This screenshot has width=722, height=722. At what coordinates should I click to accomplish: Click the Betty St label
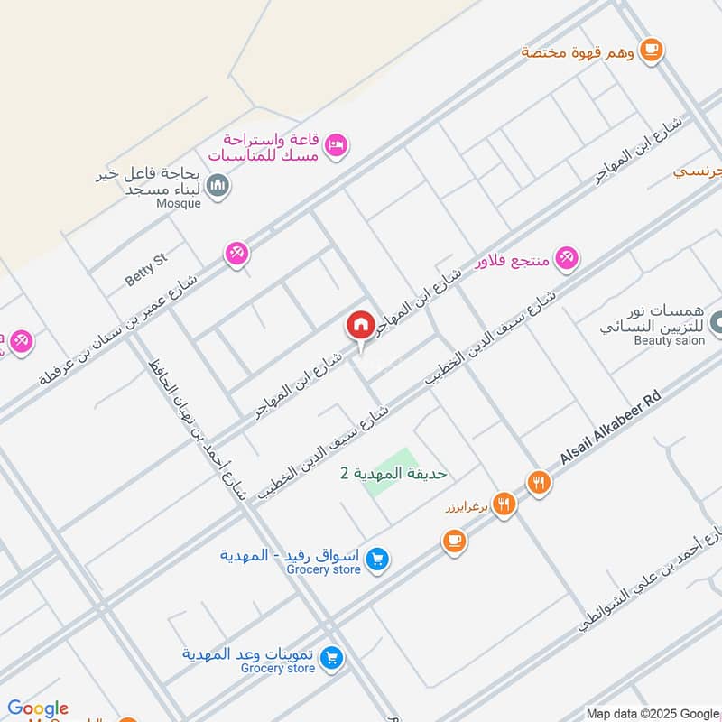click(x=146, y=270)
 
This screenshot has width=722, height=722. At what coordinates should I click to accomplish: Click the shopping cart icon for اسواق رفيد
click(x=379, y=560)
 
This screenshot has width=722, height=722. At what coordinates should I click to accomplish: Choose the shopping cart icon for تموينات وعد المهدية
click(x=332, y=659)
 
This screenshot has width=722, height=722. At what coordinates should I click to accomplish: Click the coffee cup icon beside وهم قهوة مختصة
click(x=651, y=49)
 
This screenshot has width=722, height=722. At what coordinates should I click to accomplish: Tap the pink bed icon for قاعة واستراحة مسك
click(x=336, y=144)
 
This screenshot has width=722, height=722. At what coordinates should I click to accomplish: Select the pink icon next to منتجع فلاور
click(x=566, y=260)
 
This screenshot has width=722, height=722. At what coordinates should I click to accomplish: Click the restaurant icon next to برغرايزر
click(x=504, y=505)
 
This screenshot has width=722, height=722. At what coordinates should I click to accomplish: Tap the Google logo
click(x=38, y=708)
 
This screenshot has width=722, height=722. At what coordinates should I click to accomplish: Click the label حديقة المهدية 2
click(x=393, y=473)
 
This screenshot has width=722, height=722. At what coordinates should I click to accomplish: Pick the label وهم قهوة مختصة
click(x=579, y=51)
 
